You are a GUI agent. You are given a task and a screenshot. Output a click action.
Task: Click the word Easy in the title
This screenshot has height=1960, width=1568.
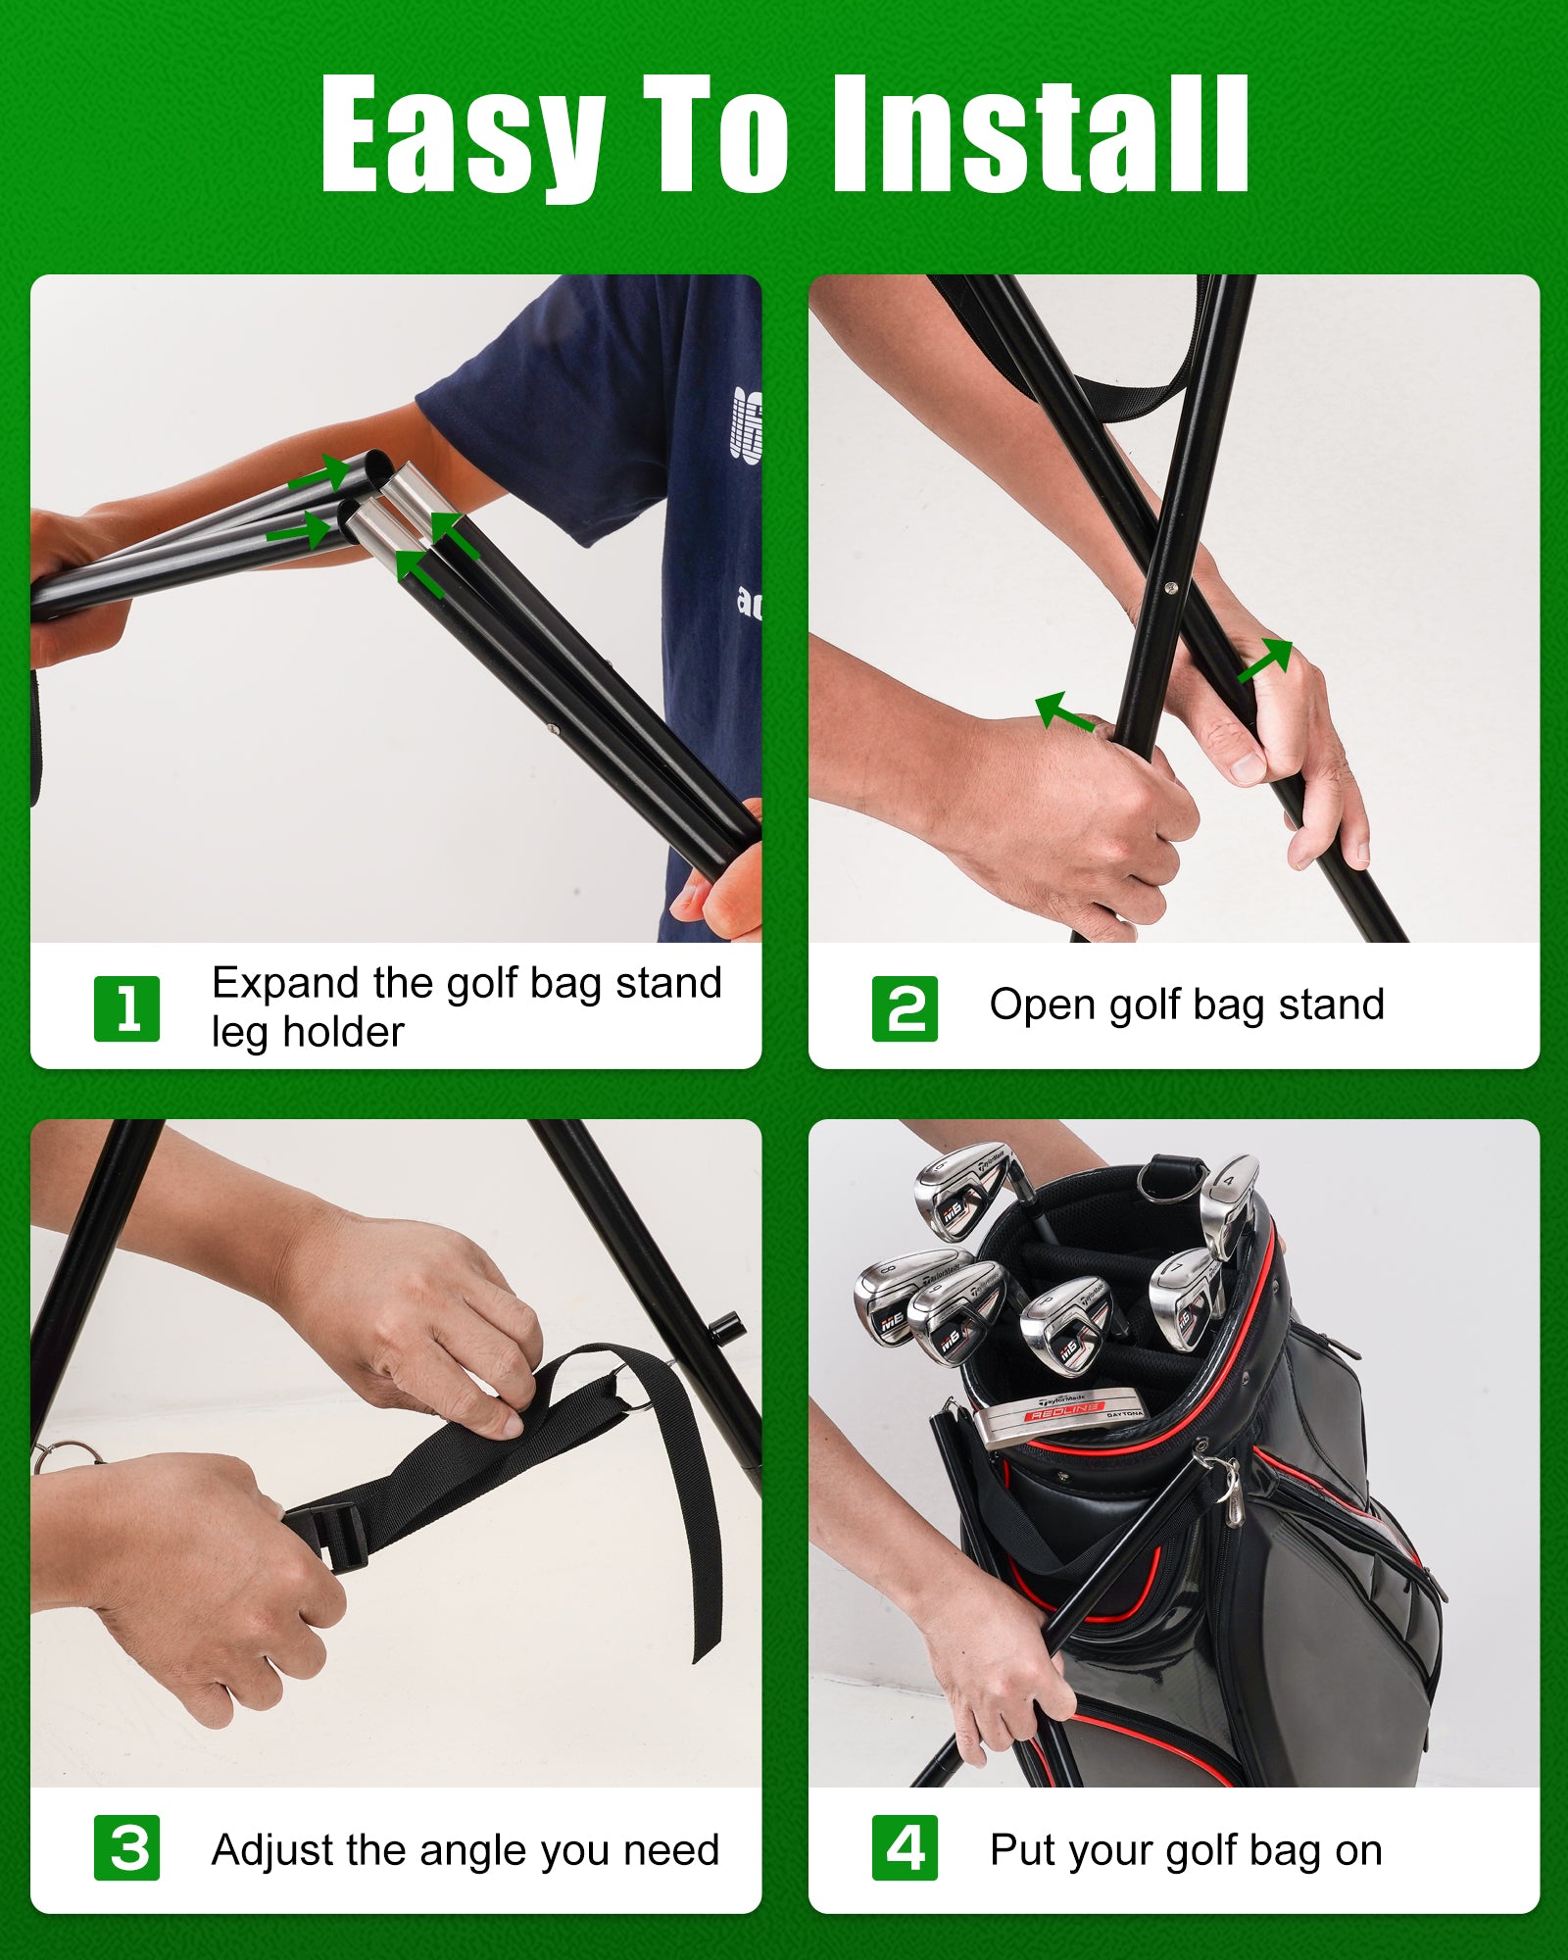click(462, 135)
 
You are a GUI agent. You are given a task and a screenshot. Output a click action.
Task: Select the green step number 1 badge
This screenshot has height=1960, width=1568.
click(126, 1008)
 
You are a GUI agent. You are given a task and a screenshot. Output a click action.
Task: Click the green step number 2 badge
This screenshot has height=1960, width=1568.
click(905, 1008)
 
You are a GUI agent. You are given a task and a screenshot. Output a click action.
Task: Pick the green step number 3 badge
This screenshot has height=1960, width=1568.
click(126, 1847)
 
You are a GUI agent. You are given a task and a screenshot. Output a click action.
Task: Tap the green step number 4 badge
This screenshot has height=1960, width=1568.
click(905, 1847)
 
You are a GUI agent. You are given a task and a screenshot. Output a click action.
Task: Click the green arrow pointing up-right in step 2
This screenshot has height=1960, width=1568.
click(1265, 661)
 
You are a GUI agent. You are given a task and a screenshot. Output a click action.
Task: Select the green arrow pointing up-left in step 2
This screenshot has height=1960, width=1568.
click(1064, 711)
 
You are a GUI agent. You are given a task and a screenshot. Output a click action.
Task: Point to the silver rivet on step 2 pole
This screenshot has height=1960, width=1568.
click(1170, 588)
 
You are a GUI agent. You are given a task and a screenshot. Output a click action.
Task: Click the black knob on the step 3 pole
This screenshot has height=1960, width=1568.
click(727, 1330)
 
